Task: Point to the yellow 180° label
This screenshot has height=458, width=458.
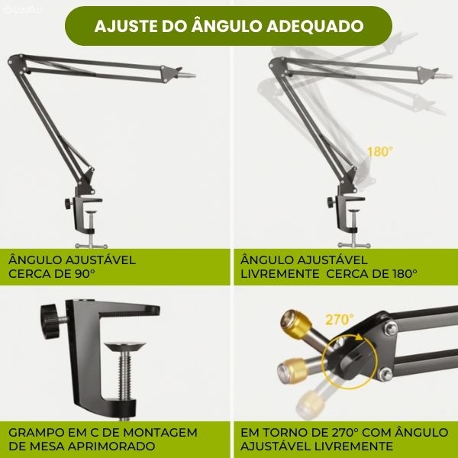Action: (379, 152)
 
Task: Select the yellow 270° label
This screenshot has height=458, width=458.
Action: (339, 320)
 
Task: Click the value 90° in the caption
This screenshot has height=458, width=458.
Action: (85, 274)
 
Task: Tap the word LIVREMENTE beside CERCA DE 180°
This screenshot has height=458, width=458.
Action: (280, 274)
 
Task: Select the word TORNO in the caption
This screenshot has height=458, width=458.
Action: (295, 432)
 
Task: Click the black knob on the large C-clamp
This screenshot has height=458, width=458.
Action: (50, 321)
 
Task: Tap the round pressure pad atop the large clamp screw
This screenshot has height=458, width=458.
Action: (124, 347)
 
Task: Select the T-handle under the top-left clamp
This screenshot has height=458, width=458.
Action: (91, 246)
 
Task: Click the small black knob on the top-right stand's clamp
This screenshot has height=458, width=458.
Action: (331, 202)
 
